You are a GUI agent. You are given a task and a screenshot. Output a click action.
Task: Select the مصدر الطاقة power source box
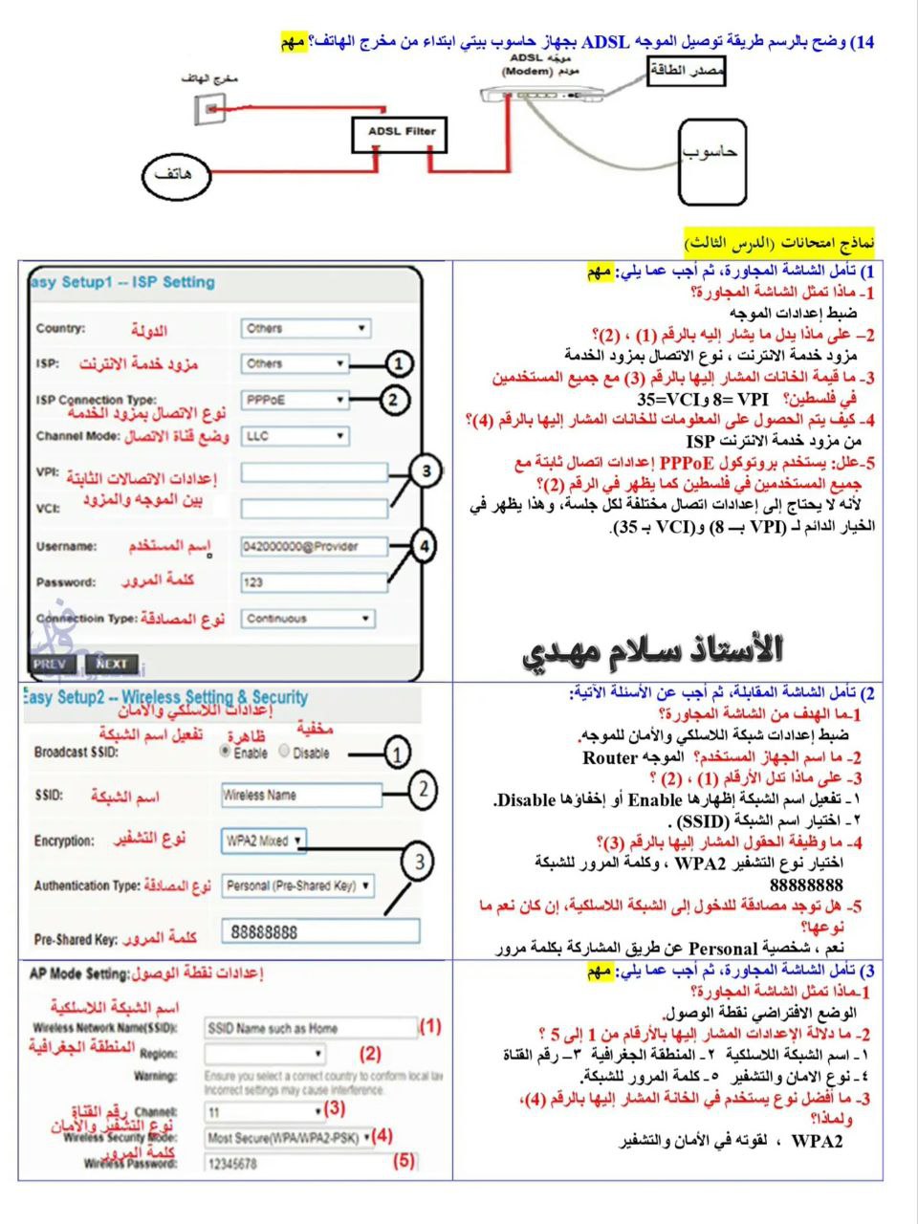pos(687,73)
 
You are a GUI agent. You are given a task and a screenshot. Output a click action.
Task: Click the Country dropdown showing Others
pos(305,328)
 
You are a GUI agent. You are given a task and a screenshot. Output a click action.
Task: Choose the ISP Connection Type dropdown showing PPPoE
pos(295,400)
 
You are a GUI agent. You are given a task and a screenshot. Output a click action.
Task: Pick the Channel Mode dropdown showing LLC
pos(295,436)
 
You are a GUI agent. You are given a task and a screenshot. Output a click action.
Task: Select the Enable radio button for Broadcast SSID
pos(226,752)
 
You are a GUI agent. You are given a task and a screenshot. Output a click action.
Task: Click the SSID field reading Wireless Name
pos(301,795)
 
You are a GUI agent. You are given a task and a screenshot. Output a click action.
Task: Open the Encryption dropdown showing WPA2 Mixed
pos(264,841)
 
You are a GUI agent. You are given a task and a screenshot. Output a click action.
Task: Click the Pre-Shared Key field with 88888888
pos(319,931)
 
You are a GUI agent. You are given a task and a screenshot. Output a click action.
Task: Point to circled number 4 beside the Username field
pos(423,546)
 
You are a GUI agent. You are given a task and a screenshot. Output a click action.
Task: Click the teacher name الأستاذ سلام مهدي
pos(653,650)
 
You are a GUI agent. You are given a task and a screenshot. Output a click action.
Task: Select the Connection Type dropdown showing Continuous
pos(307,619)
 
